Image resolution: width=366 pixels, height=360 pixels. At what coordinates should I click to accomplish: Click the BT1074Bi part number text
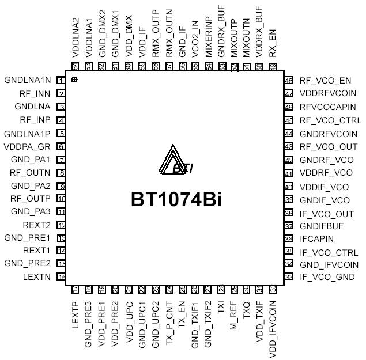176,199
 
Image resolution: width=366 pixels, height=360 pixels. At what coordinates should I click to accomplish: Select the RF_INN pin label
35,93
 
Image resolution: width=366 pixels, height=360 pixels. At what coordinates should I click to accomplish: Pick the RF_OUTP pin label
32,199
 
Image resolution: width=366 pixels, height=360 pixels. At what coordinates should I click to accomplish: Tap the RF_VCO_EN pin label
326,80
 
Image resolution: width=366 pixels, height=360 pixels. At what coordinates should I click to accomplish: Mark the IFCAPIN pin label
316,238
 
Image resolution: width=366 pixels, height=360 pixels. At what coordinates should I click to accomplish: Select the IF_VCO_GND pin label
327,278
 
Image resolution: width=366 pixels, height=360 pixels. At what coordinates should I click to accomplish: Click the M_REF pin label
234,317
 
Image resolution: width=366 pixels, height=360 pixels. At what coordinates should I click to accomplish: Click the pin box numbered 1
61,80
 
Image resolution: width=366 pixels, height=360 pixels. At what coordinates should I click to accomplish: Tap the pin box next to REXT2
61,225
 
